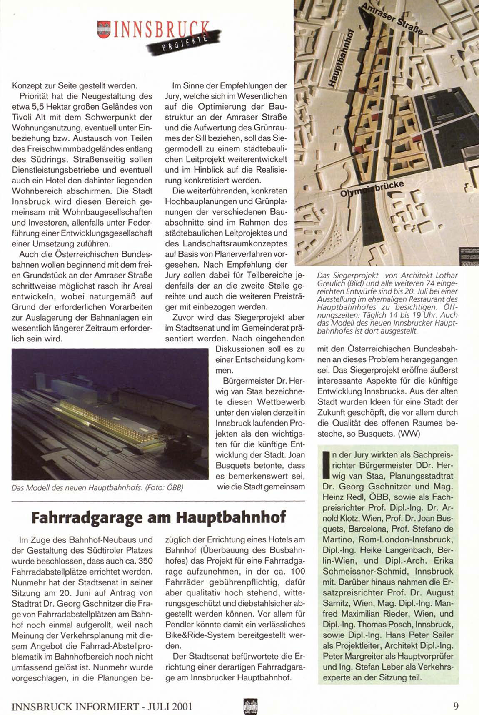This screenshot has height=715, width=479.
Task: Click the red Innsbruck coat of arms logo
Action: point(102,30)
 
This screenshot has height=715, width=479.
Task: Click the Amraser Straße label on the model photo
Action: point(392,20)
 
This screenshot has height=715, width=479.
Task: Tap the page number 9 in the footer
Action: point(456,706)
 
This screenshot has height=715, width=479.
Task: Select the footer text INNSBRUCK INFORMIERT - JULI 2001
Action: point(102,706)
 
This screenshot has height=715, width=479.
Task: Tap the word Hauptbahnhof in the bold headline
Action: point(231,517)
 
